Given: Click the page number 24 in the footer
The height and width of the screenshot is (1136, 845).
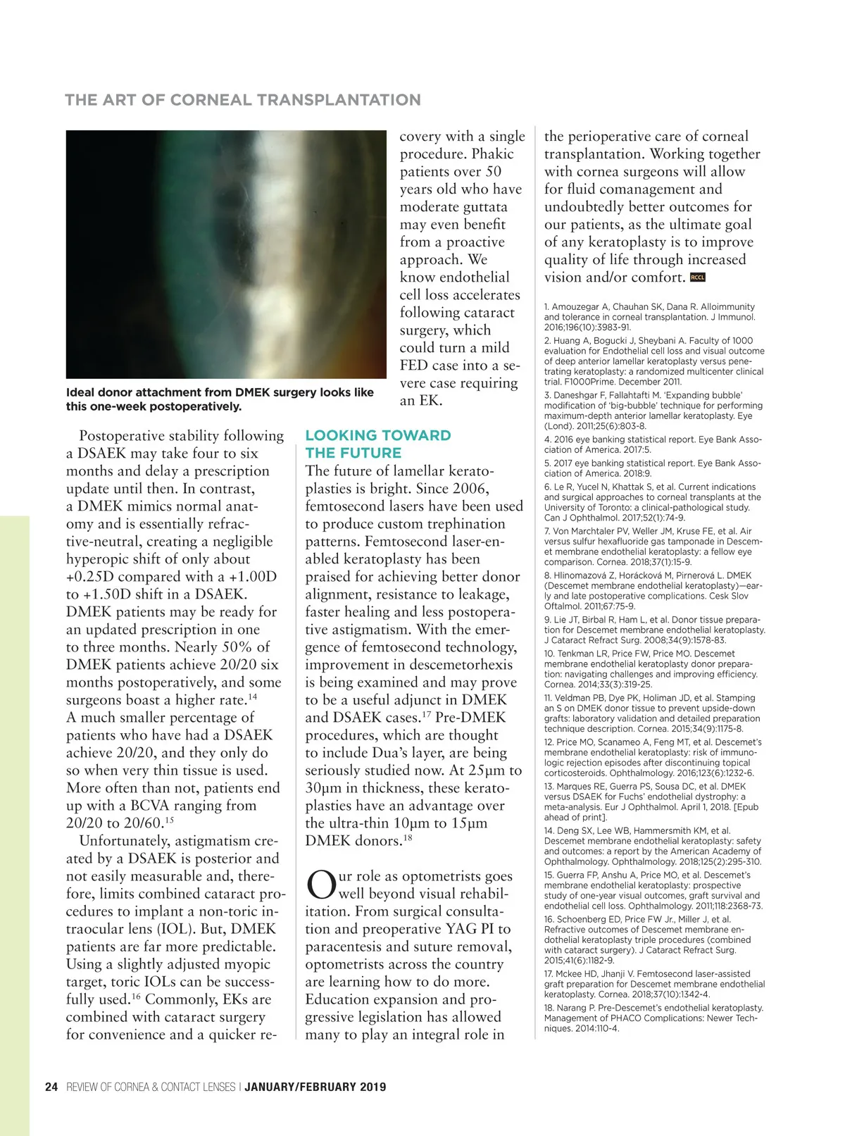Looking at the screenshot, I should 51,1087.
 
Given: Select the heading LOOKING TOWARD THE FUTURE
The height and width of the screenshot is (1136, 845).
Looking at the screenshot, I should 377,444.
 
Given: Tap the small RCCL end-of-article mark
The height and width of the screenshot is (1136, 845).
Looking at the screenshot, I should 698,277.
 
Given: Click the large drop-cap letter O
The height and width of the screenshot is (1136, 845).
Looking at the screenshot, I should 320,885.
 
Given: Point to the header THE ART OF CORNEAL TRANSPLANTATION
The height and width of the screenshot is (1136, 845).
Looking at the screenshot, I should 243,100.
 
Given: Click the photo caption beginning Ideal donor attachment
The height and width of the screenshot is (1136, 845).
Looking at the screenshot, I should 220,399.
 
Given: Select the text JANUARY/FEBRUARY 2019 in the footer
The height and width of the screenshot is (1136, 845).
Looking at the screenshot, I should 315,1087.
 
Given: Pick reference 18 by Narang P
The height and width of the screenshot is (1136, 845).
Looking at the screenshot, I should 653,1018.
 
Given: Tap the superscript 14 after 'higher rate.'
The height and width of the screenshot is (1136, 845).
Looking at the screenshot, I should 252,697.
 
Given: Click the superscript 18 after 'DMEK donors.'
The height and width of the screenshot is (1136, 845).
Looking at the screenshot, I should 408,837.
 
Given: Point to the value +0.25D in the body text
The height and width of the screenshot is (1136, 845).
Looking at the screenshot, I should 91,577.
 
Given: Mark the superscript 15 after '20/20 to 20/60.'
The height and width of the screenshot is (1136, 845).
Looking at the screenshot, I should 169,820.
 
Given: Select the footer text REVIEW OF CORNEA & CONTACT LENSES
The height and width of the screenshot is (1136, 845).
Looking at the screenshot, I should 151,1087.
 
